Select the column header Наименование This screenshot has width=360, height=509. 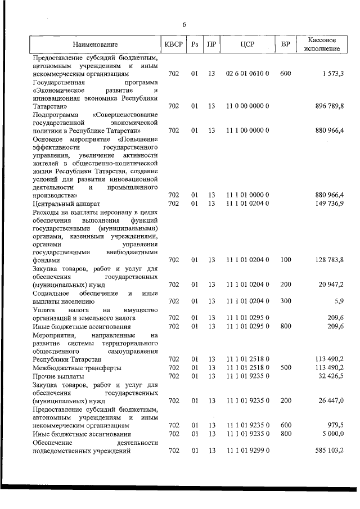(x=95, y=44)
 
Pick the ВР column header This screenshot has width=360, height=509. (x=285, y=44)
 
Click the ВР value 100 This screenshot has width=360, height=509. (x=285, y=260)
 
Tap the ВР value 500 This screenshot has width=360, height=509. (x=285, y=367)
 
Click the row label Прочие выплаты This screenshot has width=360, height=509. (x=58, y=376)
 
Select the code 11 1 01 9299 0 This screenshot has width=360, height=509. (x=247, y=451)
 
